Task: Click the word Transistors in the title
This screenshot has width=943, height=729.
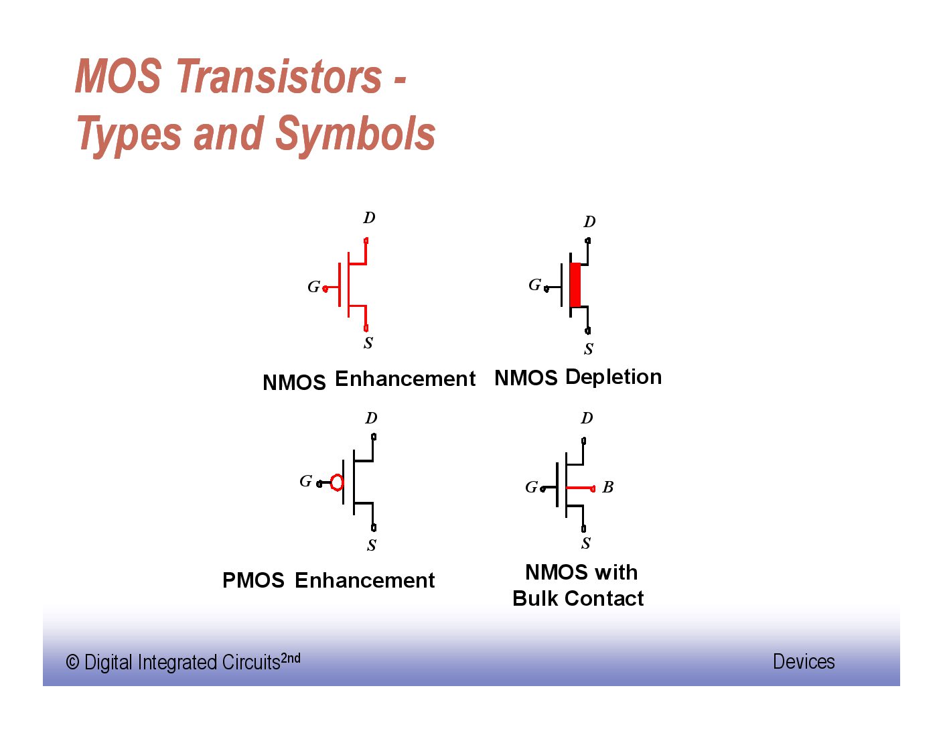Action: pos(280,76)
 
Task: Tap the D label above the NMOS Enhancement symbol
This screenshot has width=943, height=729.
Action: pos(369,218)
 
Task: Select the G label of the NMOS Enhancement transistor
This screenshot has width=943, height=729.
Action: pos(313,287)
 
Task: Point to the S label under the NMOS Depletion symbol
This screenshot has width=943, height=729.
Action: pos(589,348)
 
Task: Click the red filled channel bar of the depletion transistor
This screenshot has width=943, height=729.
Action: pos(575,285)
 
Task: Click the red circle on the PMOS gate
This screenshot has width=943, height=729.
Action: pos(337,482)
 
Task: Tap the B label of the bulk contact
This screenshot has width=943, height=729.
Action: pos(608,487)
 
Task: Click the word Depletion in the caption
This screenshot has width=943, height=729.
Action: pos(613,377)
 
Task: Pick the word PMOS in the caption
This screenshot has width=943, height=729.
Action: pos(253,580)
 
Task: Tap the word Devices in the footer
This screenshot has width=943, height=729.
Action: pos(804,661)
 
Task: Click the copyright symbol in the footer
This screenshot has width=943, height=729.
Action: pos(72,663)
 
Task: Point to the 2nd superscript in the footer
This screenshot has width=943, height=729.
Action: pos(291,658)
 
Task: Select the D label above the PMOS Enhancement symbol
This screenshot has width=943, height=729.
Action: pos(371,418)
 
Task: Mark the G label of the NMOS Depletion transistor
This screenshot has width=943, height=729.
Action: pos(534,285)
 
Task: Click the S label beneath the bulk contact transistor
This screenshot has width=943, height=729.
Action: pos(586,543)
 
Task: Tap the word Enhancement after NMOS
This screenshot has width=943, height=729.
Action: pos(405,379)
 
